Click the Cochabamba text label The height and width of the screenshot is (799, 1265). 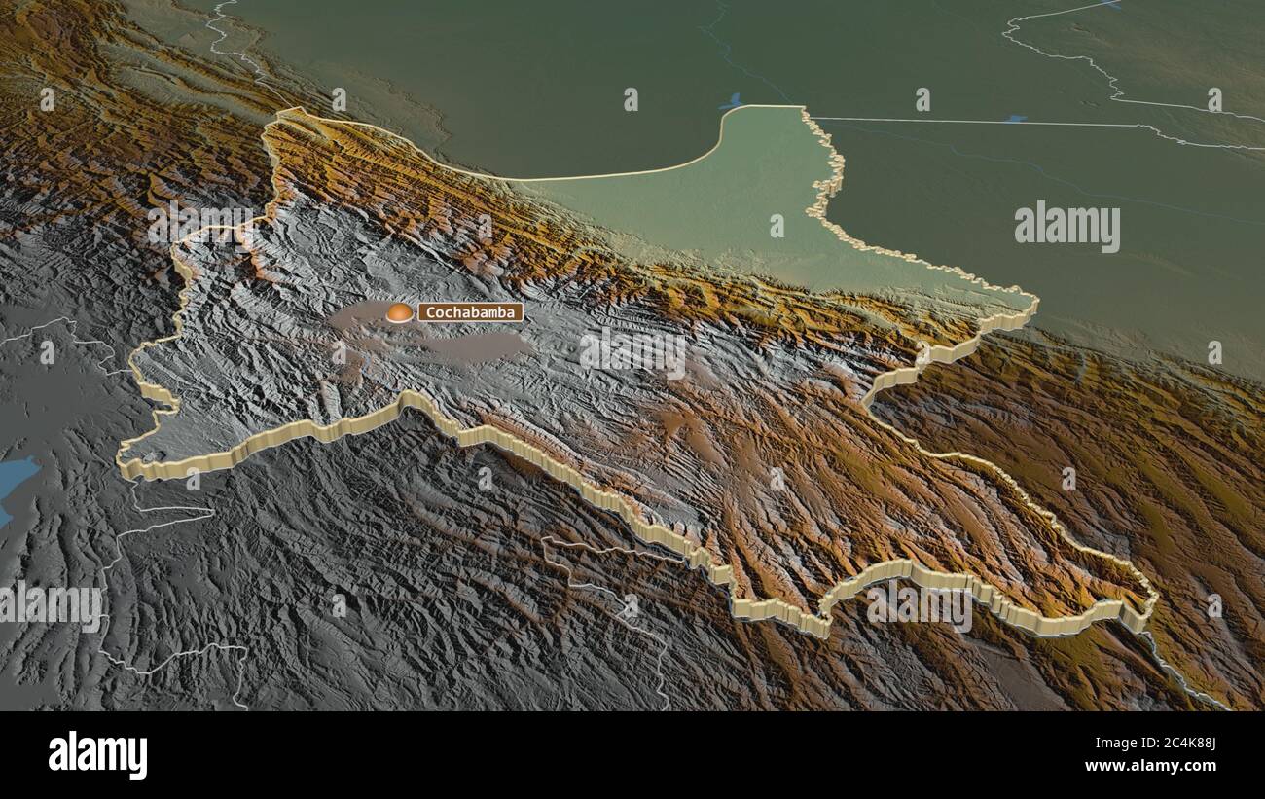point(471,312)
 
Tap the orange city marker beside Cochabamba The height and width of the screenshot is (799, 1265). point(399,312)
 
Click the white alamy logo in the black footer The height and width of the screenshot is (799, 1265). point(97,755)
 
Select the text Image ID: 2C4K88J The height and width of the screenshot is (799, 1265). point(1168,745)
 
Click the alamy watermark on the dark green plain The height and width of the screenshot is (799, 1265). point(1066,228)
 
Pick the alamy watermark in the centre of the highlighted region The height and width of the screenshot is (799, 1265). point(632,352)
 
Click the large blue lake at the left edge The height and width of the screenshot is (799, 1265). point(14,481)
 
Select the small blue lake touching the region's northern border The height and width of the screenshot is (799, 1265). point(731,101)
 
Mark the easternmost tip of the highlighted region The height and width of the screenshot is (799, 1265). point(1154,596)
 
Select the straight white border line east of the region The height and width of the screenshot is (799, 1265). point(954,122)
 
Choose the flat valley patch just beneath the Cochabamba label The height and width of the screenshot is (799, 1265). point(477,345)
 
